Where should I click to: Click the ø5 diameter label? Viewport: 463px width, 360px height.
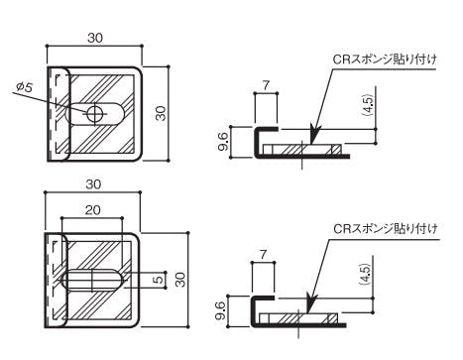(x=25, y=86)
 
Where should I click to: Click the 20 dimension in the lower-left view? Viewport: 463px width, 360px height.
(x=92, y=210)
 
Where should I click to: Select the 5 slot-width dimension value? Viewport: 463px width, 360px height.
(x=160, y=279)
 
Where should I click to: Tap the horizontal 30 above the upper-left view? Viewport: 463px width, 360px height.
(x=95, y=38)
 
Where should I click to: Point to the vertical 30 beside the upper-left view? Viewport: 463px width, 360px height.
(x=161, y=113)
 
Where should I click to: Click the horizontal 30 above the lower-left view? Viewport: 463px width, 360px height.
(x=93, y=184)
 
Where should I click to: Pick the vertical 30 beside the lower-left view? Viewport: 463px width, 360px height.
(x=180, y=280)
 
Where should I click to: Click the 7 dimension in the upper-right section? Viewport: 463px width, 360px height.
(x=266, y=86)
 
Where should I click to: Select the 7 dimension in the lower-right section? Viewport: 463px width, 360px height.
(x=263, y=255)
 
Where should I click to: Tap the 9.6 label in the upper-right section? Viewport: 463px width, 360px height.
(x=223, y=141)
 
